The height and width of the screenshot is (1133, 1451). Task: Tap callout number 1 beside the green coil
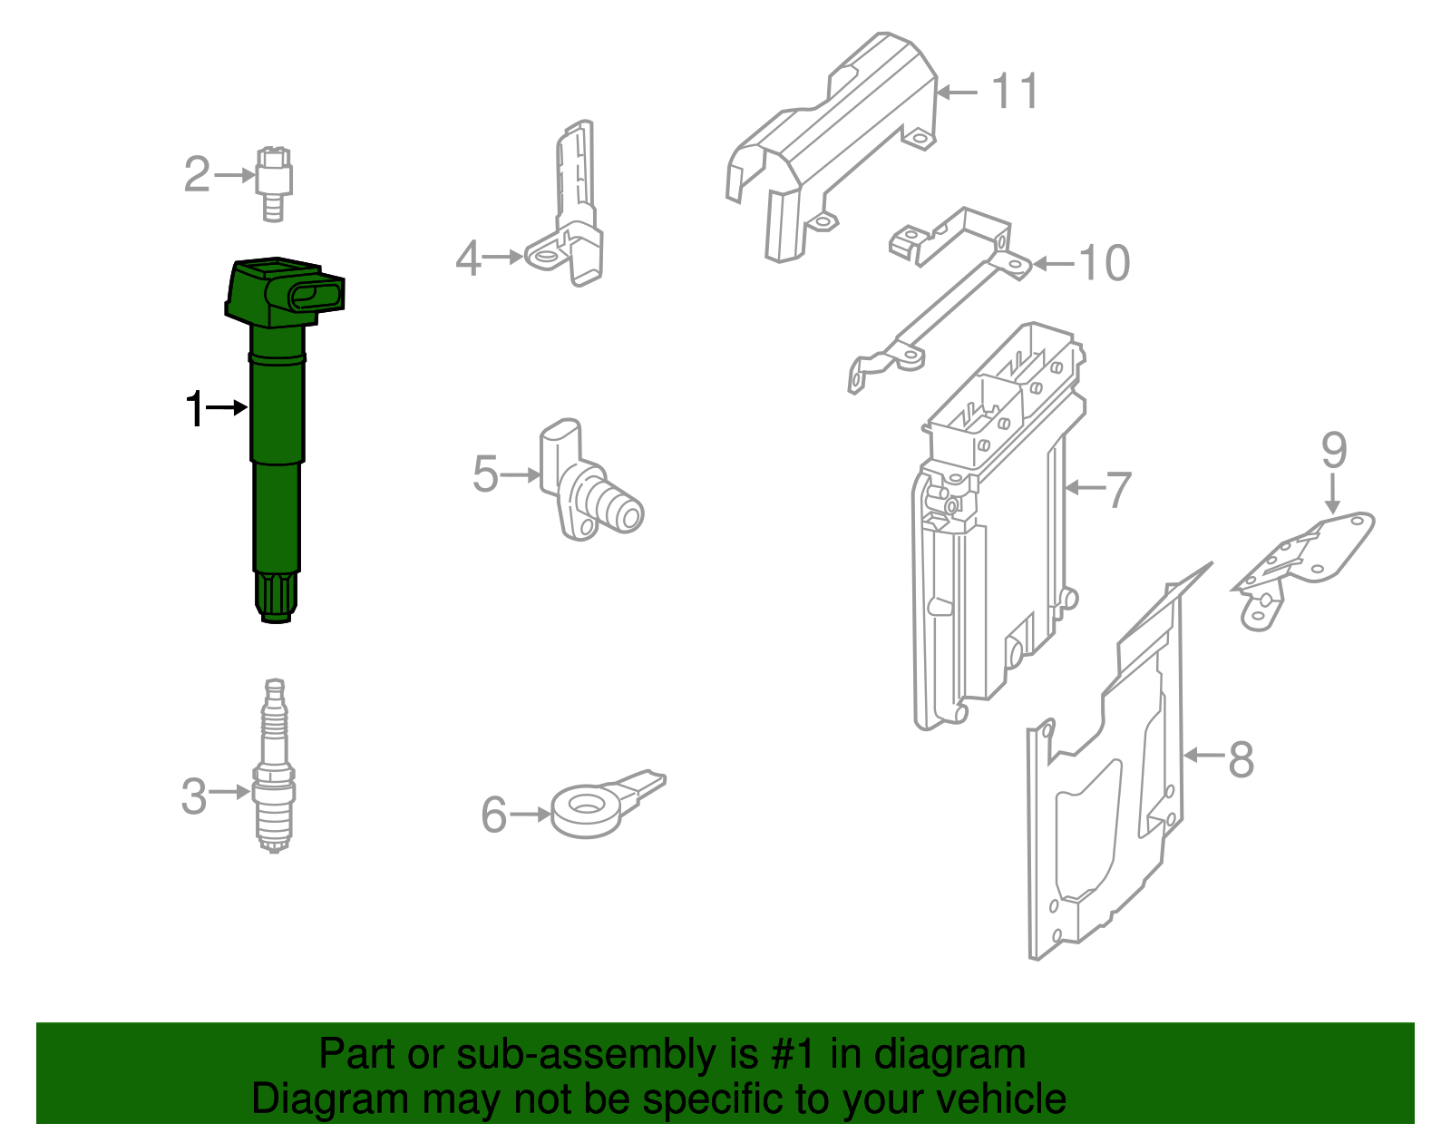click(x=194, y=409)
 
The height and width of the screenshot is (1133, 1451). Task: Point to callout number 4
click(x=467, y=259)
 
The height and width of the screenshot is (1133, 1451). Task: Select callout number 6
click(x=493, y=815)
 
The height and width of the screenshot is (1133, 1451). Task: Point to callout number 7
click(x=1119, y=490)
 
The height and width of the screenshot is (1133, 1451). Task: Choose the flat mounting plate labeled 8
click(x=1106, y=798)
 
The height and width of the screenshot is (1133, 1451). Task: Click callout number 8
click(x=1241, y=758)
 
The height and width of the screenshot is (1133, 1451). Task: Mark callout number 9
click(x=1333, y=450)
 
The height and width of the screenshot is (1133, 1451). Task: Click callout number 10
click(x=1104, y=264)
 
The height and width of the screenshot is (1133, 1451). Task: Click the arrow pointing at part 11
click(x=957, y=93)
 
